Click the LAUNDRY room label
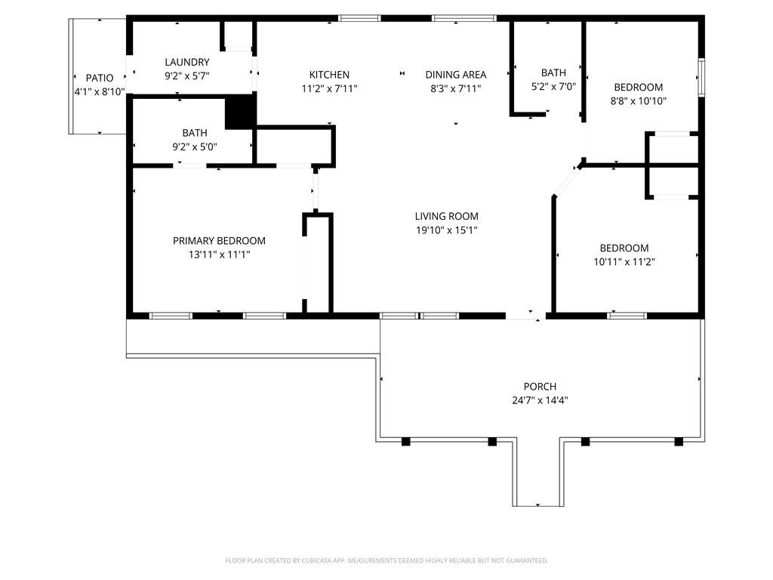[x=187, y=62]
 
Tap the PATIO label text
[x=100, y=78]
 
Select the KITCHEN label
[x=329, y=75]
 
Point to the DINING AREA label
[x=456, y=75]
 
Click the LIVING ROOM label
[x=447, y=216]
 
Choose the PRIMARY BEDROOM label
[x=220, y=241]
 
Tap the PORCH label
[x=540, y=387]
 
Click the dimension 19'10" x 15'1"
[x=447, y=230]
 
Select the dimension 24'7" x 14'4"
[x=540, y=400]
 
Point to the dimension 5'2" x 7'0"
[x=553, y=87]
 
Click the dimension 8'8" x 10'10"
[x=639, y=101]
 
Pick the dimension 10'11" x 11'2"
[x=624, y=262]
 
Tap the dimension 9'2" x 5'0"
[x=195, y=147]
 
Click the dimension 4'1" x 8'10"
[x=100, y=91]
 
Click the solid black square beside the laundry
[x=241, y=112]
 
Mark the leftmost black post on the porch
[x=405, y=441]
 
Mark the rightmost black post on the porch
[x=679, y=441]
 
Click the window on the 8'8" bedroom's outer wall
[x=701, y=78]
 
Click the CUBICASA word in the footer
[x=316, y=561]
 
